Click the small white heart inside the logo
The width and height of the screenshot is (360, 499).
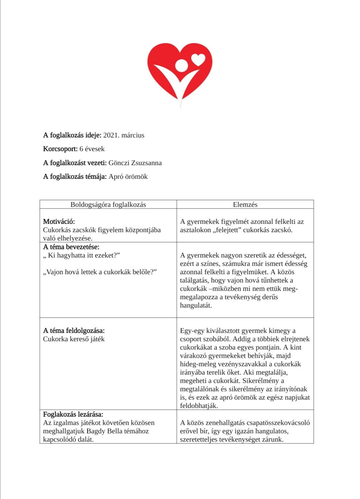tap(199, 59)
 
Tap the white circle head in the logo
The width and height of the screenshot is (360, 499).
tap(181, 65)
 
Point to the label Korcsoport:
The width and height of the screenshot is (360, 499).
tap(60, 149)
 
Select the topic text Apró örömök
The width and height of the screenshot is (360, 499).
tap(128, 176)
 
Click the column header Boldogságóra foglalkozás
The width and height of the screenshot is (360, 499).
tap(108, 204)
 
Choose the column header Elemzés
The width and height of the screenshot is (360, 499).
tap(245, 204)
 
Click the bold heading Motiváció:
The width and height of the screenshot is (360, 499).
tap(59, 221)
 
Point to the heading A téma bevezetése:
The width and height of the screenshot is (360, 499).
tap(71, 247)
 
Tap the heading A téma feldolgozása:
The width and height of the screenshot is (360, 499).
tap(74, 331)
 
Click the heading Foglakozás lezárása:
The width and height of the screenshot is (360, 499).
tap(73, 414)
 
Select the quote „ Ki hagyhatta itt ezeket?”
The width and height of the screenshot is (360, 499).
tap(82, 256)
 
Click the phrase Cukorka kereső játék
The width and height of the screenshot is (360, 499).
tap(74, 339)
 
